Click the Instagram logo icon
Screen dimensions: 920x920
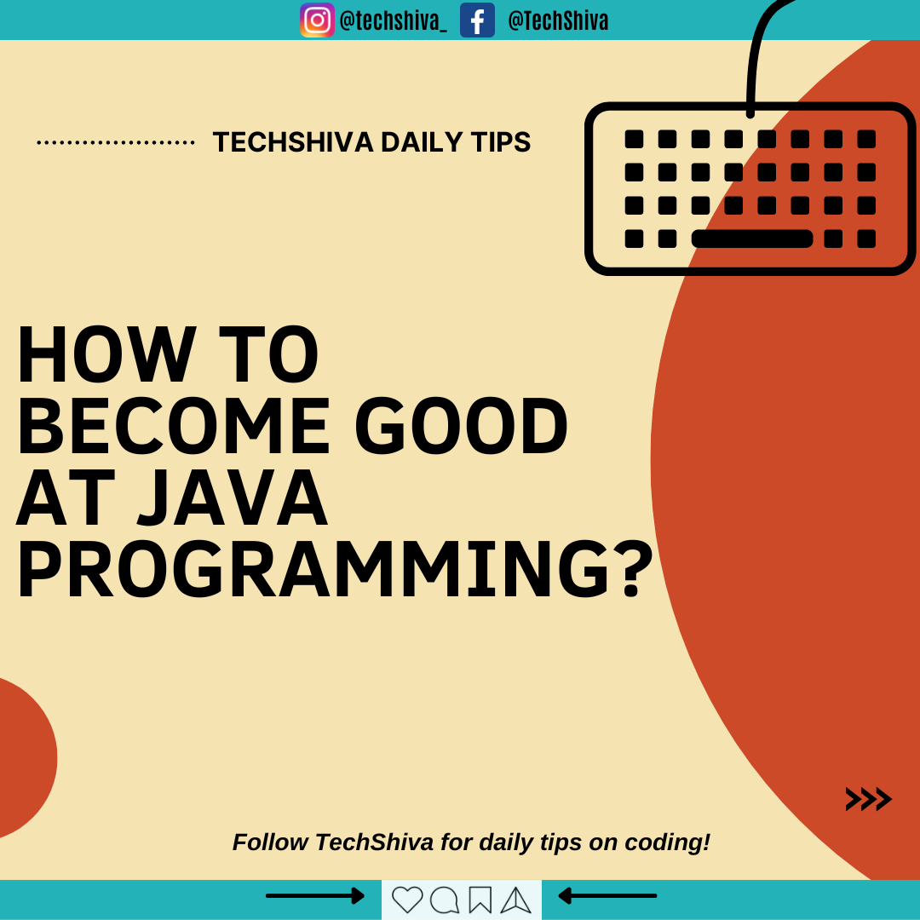tap(318, 20)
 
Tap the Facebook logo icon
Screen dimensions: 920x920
tap(477, 20)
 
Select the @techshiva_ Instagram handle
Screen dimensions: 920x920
tap(393, 21)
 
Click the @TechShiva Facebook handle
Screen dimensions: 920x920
tap(558, 21)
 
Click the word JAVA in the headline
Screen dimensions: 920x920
tap(233, 497)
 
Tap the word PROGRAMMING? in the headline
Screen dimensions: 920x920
tap(335, 569)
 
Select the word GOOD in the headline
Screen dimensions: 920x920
tap(461, 426)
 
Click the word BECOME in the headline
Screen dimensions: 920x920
tap(174, 426)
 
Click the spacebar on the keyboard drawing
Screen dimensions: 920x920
tap(752, 239)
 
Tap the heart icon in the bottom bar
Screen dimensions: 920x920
tap(407, 900)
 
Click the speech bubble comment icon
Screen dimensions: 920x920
tap(445, 900)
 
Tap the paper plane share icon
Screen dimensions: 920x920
tap(515, 900)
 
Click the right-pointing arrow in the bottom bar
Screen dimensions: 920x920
tap(315, 896)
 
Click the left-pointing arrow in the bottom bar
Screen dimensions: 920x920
tap(607, 896)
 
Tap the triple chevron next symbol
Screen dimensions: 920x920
tap(868, 799)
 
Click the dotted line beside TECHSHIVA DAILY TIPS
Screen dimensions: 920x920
tap(116, 142)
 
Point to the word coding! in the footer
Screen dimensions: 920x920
tap(667, 842)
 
